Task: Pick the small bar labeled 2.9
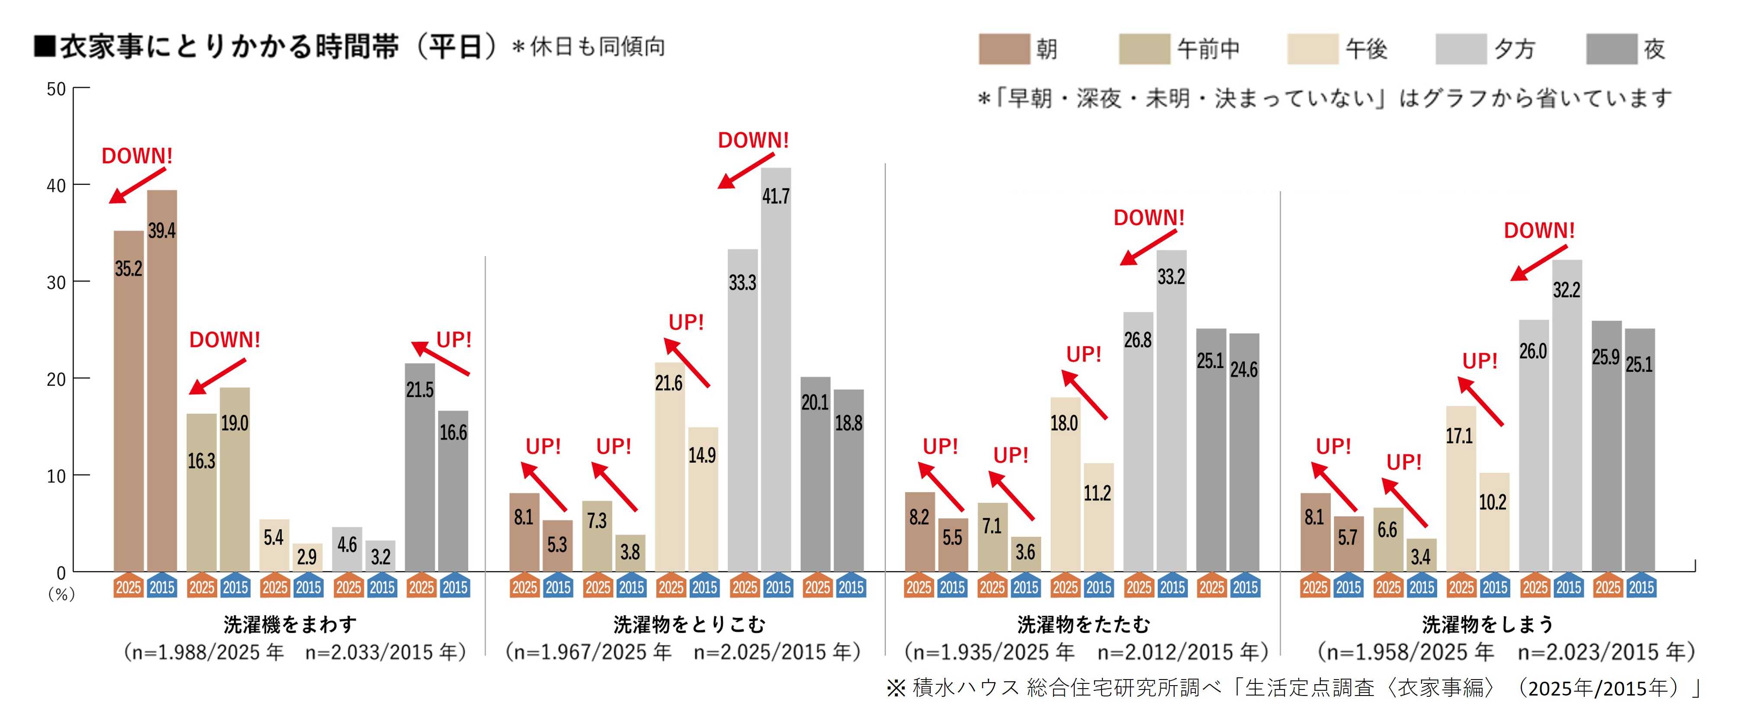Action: [308, 558]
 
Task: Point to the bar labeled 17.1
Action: [1461, 489]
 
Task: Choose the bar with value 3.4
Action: [1421, 555]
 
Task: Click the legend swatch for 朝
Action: [1004, 49]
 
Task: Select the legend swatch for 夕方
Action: [1461, 49]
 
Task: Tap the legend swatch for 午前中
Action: [1145, 49]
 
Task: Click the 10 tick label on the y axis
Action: [56, 476]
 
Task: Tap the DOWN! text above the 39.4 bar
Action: [137, 156]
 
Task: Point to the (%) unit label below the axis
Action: [61, 594]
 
